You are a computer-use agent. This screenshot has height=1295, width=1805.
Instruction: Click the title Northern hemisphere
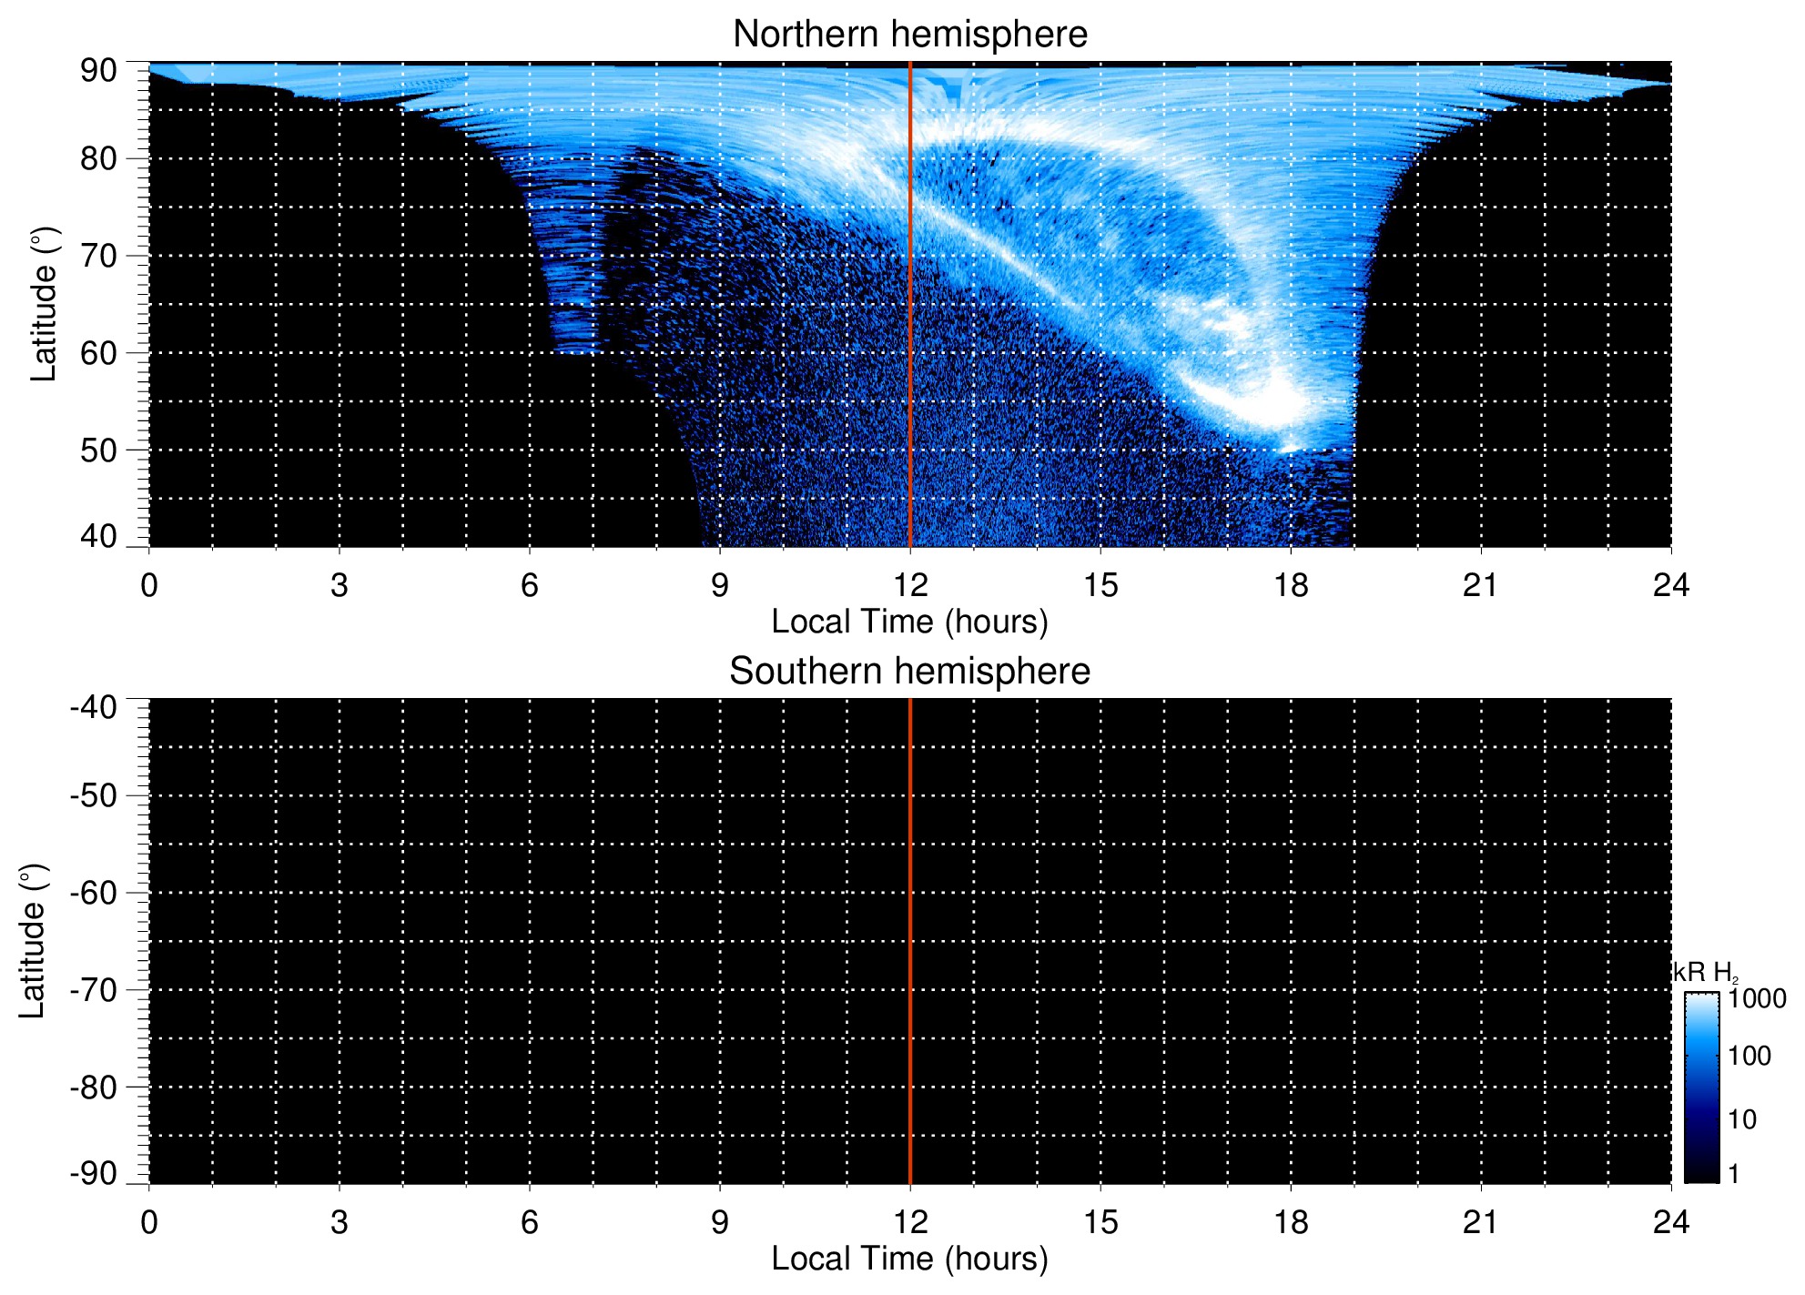(909, 35)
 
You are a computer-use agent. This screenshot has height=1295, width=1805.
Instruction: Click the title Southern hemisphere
(909, 672)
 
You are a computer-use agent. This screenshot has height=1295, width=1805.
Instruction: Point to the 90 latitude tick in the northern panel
(97, 70)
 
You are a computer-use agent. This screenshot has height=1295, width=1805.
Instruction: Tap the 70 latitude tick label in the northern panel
(97, 256)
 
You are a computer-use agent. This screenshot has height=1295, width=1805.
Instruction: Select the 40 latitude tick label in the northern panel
(97, 536)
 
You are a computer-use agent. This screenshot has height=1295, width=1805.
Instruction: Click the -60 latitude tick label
(93, 893)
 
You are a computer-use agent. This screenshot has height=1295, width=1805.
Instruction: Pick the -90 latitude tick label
(93, 1173)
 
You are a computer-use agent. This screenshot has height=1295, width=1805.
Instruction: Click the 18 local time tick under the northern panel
(1290, 585)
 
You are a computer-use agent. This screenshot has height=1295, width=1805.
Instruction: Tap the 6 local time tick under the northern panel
(529, 585)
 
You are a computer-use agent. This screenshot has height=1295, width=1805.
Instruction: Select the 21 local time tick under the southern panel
(1480, 1222)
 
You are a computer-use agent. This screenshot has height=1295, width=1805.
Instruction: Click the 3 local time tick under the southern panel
(339, 1222)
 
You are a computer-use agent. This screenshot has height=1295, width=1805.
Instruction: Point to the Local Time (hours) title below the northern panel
(909, 622)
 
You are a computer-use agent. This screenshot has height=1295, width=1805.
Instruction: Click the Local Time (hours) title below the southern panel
(909, 1259)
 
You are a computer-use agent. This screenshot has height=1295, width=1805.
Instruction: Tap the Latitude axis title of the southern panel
(32, 941)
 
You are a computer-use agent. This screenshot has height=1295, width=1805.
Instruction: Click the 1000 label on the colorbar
(1757, 999)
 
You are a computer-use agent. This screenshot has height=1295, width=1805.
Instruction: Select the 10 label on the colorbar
(1742, 1119)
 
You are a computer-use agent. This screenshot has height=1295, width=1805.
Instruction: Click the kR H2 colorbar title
(1705, 973)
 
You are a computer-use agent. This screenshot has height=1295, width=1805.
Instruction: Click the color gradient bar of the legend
(1700, 1087)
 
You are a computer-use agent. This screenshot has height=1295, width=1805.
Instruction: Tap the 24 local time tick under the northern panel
(1670, 585)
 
